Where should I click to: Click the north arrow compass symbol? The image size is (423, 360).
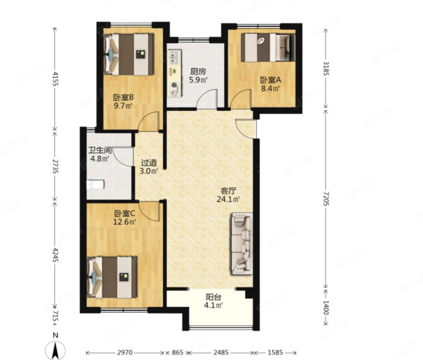(x=55, y=350)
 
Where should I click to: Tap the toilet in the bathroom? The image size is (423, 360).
(x=95, y=185)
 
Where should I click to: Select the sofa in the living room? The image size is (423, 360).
(x=242, y=244)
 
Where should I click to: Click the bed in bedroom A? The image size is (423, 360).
(x=268, y=47)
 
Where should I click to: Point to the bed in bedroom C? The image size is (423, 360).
(x=112, y=277)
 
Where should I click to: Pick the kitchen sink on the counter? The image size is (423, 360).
(x=174, y=57)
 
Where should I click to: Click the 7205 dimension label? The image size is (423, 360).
(x=326, y=199)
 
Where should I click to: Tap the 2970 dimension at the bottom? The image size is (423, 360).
(x=125, y=352)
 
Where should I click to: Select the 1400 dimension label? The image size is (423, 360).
(x=326, y=308)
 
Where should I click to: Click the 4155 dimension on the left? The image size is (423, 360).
(x=55, y=79)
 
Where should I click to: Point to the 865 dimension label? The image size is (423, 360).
(x=178, y=352)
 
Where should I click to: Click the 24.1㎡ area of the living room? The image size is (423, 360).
(x=228, y=200)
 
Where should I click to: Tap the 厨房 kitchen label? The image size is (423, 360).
(x=198, y=71)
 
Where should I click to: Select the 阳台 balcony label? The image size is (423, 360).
(x=214, y=297)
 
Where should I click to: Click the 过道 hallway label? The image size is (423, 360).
(x=149, y=163)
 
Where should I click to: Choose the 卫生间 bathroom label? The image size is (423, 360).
(x=100, y=150)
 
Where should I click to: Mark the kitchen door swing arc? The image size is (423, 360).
(x=207, y=98)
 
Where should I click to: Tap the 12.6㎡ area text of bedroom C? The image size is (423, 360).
(x=125, y=222)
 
